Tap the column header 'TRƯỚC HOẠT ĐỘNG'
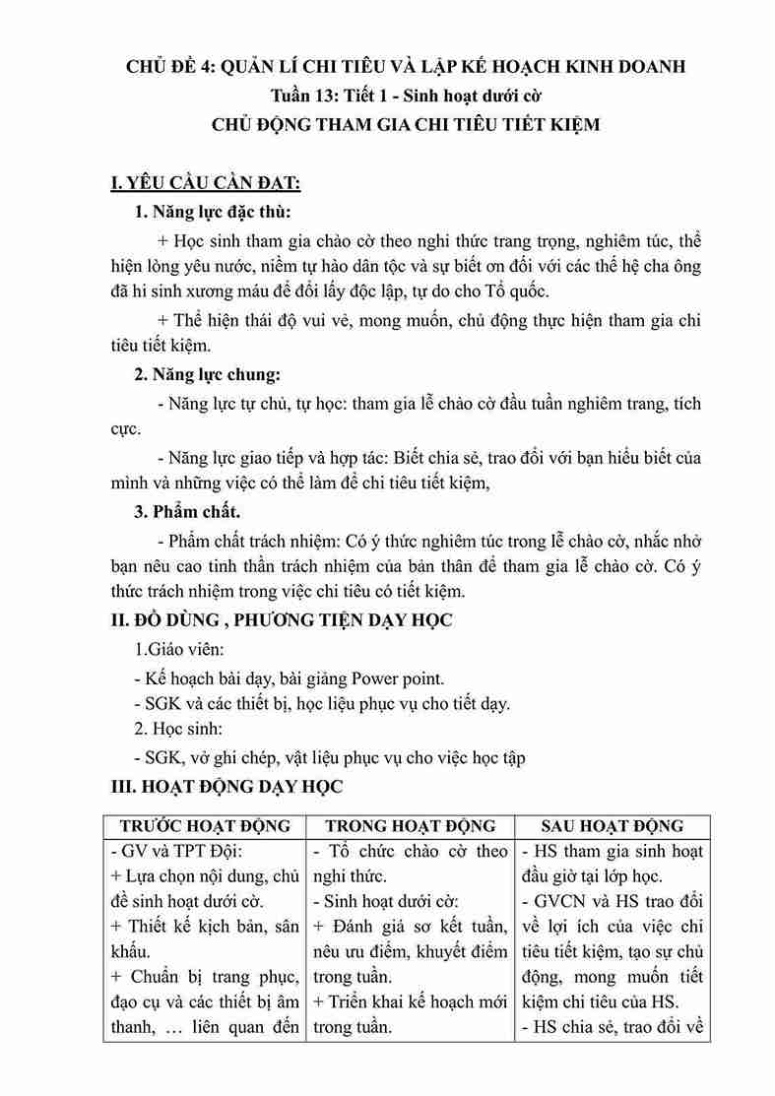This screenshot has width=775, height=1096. pyautogui.click(x=205, y=825)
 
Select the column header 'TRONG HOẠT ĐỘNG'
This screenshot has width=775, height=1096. pyautogui.click(x=411, y=825)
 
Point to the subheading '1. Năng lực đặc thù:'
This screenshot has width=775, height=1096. pyautogui.click(x=213, y=212)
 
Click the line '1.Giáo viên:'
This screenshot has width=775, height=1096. pyautogui.click(x=179, y=651)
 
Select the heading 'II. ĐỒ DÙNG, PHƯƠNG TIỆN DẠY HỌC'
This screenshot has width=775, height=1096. pyautogui.click(x=281, y=621)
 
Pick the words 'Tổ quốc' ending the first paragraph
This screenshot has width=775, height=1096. pyautogui.click(x=519, y=291)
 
